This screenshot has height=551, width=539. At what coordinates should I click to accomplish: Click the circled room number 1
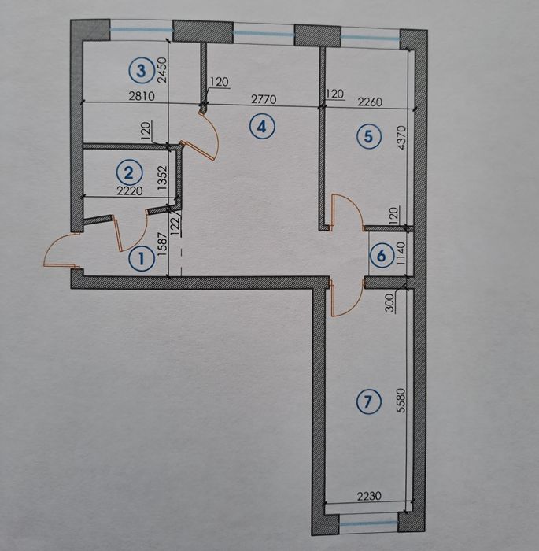[142, 259]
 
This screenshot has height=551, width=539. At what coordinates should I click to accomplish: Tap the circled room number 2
[129, 173]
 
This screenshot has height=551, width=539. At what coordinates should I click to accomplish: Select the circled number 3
[141, 70]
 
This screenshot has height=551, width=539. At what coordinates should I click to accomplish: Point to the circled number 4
[262, 126]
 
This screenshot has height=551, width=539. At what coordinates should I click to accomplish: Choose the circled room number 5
[368, 135]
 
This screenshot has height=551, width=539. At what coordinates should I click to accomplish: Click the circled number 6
[382, 256]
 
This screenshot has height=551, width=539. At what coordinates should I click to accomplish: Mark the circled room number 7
[368, 401]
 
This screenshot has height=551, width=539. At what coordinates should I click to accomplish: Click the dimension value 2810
[142, 95]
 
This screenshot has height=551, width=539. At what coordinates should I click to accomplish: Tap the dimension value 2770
[264, 99]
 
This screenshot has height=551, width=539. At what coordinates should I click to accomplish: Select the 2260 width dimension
[370, 102]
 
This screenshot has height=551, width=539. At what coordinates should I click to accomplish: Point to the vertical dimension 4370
[401, 138]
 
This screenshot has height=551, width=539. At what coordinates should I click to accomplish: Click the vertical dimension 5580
[401, 400]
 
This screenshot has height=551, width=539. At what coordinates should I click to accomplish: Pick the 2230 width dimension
[369, 496]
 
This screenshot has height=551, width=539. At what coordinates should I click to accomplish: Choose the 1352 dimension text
[161, 178]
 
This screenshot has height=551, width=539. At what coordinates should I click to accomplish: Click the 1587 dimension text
[161, 245]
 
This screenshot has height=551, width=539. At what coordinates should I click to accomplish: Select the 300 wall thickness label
[390, 303]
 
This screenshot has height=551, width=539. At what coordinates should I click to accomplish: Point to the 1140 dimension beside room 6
[401, 253]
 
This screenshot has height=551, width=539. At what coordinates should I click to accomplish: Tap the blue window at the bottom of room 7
[368, 523]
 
